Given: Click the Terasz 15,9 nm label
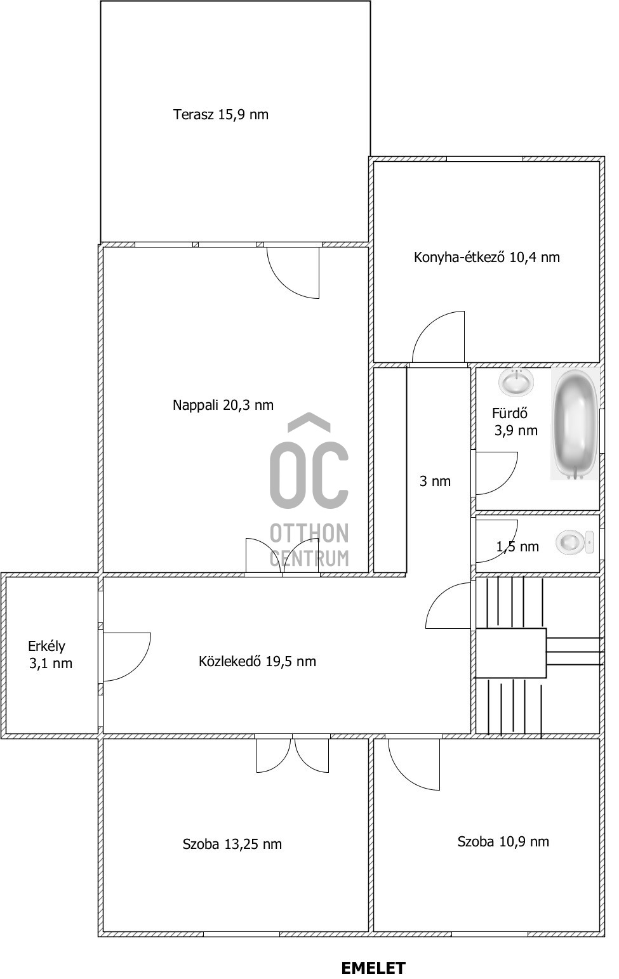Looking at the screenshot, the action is click(x=220, y=114).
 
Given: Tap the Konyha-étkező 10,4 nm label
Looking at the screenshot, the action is click(x=487, y=257).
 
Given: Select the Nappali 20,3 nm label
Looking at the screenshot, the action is click(x=223, y=405).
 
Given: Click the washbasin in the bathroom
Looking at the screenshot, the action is click(x=516, y=382).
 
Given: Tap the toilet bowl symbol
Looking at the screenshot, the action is click(x=575, y=542).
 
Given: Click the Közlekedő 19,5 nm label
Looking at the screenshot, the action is click(x=257, y=661).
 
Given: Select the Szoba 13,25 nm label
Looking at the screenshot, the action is click(x=232, y=844).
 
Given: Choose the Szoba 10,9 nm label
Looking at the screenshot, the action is click(x=503, y=841).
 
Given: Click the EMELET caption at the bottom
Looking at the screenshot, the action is click(x=373, y=968).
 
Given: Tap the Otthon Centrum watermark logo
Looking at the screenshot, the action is click(x=309, y=490).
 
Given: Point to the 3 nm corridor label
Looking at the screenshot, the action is click(x=435, y=481).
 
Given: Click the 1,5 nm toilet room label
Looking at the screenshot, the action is click(x=517, y=546).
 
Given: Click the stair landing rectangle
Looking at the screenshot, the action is click(x=511, y=653).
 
